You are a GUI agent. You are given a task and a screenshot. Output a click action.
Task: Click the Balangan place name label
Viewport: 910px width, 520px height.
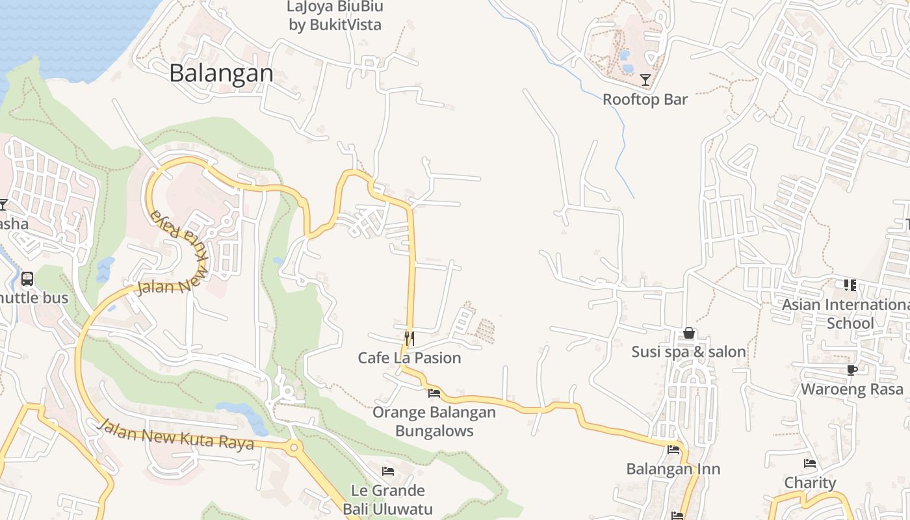click(x=221, y=73)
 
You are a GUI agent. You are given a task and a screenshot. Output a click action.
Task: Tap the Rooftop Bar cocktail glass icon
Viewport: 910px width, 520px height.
click(x=645, y=80)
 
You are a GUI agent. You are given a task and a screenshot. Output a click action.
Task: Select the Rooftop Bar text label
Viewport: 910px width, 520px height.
click(x=645, y=99)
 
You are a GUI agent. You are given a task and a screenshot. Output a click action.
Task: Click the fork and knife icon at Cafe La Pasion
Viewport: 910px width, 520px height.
click(x=409, y=338)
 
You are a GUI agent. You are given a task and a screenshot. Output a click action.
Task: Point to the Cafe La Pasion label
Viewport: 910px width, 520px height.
click(x=409, y=357)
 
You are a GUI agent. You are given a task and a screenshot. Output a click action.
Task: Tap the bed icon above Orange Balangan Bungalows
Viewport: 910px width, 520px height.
click(x=434, y=393)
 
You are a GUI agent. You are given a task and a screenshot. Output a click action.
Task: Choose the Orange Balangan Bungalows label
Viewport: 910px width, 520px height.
click(x=434, y=421)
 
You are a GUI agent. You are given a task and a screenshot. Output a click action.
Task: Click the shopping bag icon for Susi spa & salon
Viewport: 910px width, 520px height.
click(x=689, y=333)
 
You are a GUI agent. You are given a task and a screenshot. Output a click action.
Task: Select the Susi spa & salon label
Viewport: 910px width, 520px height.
click(x=689, y=352)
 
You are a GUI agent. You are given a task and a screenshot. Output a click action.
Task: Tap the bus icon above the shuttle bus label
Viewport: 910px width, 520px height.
click(x=27, y=279)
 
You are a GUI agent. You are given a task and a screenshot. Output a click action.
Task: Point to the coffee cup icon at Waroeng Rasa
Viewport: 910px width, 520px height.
click(x=851, y=370)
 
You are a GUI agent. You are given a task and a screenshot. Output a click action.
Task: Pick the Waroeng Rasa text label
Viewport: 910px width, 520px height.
click(x=851, y=389)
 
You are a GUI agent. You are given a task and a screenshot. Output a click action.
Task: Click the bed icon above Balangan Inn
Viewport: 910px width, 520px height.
click(x=673, y=449)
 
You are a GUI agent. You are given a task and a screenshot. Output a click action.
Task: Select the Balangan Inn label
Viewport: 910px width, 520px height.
click(x=673, y=469)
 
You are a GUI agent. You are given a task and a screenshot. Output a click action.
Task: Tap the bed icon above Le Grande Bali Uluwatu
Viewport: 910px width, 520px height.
click(x=388, y=471)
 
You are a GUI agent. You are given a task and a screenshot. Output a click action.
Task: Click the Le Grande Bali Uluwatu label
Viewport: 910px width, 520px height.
click(x=388, y=499)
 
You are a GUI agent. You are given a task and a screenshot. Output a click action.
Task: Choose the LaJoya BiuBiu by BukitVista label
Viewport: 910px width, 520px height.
click(x=335, y=16)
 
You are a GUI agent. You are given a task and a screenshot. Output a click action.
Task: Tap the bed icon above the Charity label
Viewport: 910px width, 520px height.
click(x=810, y=463)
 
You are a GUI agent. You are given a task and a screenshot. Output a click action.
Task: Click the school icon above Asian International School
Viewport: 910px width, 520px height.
click(x=850, y=285)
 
